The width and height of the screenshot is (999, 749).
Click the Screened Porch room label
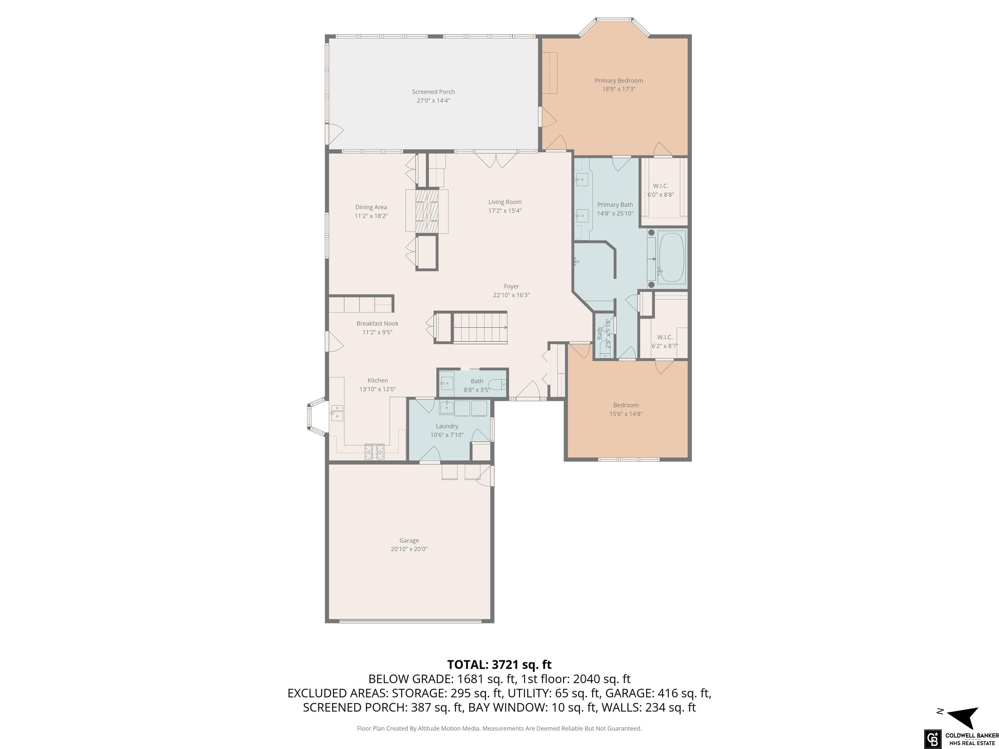(x=433, y=92)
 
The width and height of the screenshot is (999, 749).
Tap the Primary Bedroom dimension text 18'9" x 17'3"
(x=619, y=89)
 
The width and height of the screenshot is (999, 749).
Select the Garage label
(x=409, y=540)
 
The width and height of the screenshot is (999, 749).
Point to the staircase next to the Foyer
(x=480, y=327)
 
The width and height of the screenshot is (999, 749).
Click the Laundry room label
(x=447, y=426)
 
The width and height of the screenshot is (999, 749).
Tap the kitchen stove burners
(x=374, y=452)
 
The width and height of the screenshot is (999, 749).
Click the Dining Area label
(x=371, y=207)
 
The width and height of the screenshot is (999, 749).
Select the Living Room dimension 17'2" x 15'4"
(x=505, y=210)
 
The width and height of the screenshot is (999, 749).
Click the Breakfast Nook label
(x=378, y=323)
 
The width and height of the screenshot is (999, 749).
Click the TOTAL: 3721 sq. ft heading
(x=499, y=664)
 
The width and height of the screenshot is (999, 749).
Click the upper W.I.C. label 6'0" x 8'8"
(x=661, y=190)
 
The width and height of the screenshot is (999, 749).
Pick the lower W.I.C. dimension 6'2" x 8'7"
(x=665, y=346)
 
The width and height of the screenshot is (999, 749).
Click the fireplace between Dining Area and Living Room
(x=427, y=211)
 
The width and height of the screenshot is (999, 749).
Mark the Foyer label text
(x=511, y=286)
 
